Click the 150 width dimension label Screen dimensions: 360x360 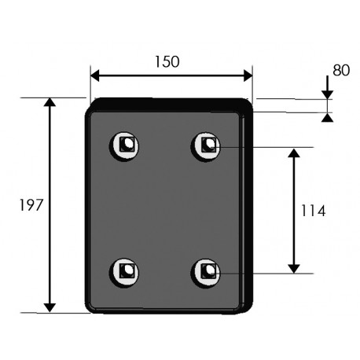(167, 62)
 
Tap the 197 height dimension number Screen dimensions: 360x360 (31, 205)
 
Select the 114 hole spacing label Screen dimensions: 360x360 (313, 211)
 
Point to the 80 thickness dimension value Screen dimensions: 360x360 (341, 70)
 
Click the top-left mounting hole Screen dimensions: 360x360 (124, 146)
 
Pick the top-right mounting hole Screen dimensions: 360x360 (206, 146)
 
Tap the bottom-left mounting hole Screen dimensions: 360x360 (124, 273)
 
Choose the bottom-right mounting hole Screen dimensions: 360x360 (206, 273)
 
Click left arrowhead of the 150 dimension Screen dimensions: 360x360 (95, 75)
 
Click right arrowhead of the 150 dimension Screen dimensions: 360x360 (248, 75)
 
